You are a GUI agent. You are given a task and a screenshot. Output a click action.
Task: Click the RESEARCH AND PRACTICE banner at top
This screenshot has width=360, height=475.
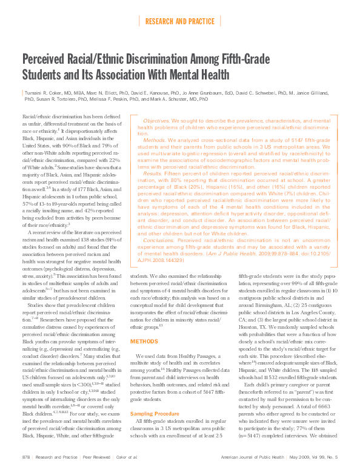[179, 22]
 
